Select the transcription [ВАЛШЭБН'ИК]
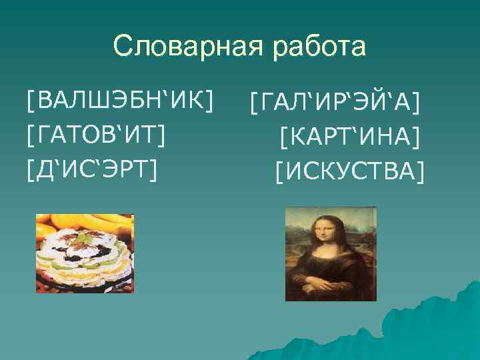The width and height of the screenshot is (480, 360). tap(121, 102)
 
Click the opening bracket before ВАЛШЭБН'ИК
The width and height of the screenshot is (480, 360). tap(31, 103)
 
